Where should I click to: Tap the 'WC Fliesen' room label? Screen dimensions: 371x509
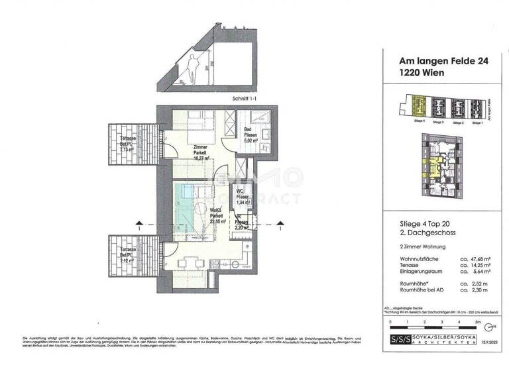(x=241, y=196)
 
